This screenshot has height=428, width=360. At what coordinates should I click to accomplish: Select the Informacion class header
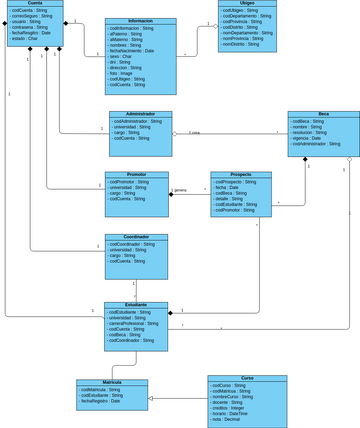pos(140,21)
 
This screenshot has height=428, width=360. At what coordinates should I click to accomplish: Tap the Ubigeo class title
pos(247,3)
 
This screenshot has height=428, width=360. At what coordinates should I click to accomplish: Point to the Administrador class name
pos(140,114)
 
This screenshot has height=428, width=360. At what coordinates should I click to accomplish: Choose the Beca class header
pos(323,114)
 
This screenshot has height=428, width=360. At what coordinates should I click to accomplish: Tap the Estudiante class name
pos(136,305)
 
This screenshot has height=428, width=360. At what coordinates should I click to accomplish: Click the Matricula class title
pos(111,382)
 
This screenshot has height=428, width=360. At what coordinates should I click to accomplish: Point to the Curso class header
pos(246,378)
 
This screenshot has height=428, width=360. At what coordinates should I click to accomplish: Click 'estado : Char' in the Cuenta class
pos(26,38)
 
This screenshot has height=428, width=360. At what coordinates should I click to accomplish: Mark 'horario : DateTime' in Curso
pos(231,414)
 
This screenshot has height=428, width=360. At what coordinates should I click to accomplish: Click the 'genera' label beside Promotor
pos(181,190)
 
